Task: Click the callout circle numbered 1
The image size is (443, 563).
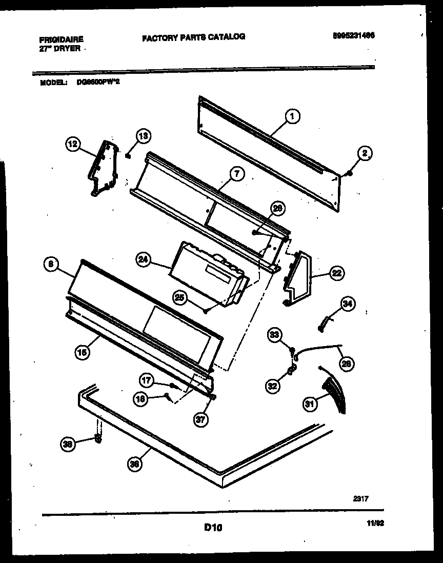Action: [291, 117]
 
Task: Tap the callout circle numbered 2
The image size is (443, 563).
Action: [365, 153]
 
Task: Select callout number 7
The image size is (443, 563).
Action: [236, 174]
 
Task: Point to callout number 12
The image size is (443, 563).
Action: [73, 145]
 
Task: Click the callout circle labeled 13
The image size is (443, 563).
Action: [143, 136]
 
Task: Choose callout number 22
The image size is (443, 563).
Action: [336, 273]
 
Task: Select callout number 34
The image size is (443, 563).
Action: [348, 305]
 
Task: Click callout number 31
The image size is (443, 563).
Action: [310, 405]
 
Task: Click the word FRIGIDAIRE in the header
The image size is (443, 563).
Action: [61, 39]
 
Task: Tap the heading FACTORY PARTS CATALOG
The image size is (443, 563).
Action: [193, 36]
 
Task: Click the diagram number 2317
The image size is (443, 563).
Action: [361, 497]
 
